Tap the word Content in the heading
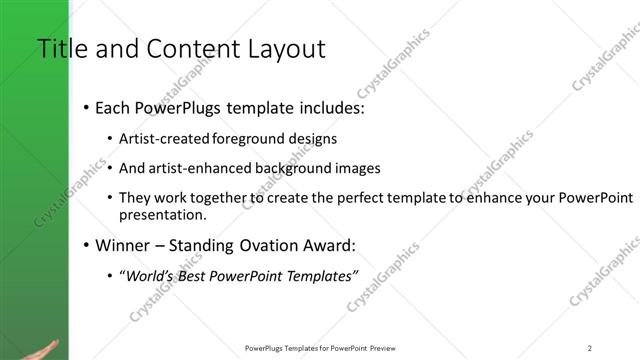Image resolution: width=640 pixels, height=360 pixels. coord(191,49)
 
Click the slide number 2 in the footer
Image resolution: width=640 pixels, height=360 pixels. coord(590,347)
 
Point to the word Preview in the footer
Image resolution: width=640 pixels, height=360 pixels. coord(383,347)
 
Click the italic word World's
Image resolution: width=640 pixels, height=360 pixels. coord(149,275)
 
